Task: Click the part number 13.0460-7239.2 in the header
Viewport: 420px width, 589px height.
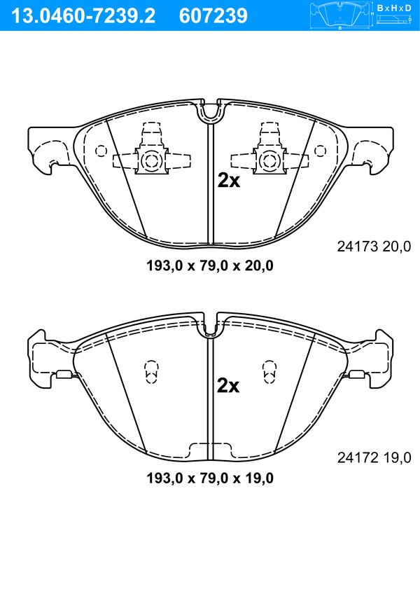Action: [83, 16]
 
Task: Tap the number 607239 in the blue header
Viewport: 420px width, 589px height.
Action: [213, 16]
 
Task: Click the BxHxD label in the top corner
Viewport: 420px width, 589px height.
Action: [394, 8]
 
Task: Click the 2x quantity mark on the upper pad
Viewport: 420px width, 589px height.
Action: [229, 181]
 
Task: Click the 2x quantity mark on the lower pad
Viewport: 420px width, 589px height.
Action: [228, 386]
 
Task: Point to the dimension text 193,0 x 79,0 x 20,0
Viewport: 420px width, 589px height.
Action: [210, 266]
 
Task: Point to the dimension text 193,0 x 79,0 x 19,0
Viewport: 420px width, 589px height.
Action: [210, 478]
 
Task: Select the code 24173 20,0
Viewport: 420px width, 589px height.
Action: [374, 247]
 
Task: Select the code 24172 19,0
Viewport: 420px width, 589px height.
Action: [374, 457]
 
